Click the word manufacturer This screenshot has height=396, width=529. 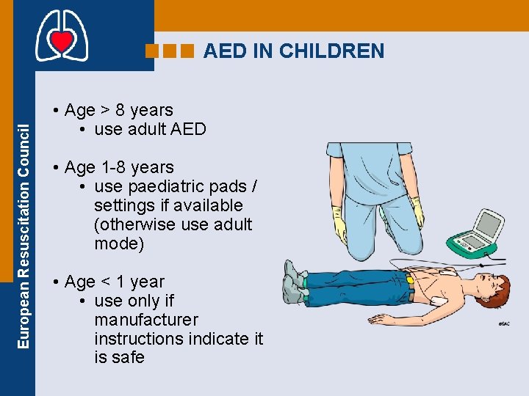tap(146, 320)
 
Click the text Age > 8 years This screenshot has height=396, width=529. tap(118, 110)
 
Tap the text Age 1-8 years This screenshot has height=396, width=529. tap(119, 167)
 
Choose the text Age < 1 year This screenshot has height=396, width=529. tap(114, 282)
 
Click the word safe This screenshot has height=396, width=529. tap(129, 358)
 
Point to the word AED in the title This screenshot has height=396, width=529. tap(223, 51)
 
